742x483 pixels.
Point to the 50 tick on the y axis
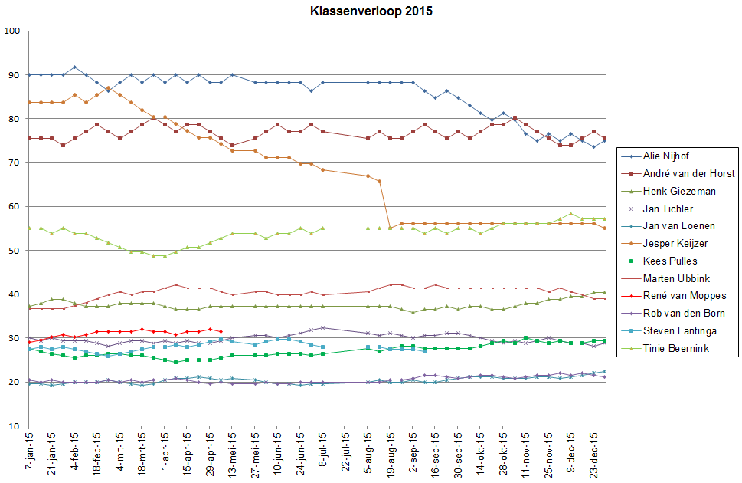coord(15,251)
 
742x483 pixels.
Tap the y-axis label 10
coord(15,426)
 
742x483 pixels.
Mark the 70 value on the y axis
coord(15,163)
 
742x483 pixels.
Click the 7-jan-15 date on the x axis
coord(28,452)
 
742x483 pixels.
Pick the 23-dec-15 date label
coord(593,453)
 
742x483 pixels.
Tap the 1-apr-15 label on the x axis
coord(164,452)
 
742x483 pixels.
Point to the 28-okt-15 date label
coord(502,453)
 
